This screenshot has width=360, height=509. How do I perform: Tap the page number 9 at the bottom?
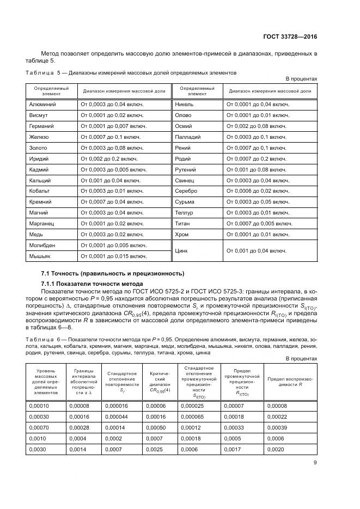(315, 463)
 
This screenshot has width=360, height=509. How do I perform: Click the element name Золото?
(38, 148)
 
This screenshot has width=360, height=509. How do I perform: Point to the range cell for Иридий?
(109, 158)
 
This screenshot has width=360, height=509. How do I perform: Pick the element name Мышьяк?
(40, 256)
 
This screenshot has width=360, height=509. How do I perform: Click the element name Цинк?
(182, 250)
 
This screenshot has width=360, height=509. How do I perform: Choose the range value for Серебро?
(258, 191)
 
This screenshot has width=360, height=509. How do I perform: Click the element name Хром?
(181, 234)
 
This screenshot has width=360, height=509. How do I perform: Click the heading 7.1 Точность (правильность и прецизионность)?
(113, 273)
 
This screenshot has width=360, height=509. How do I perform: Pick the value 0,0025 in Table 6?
(157, 449)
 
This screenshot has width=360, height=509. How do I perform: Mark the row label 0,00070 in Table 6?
(40, 427)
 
